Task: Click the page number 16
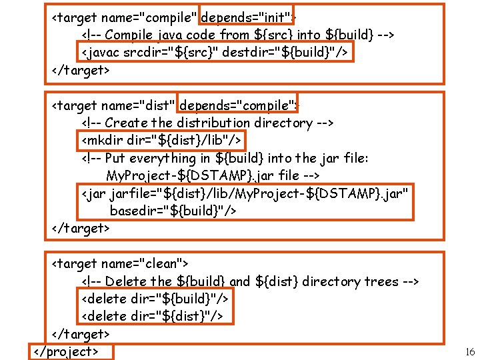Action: coord(470,351)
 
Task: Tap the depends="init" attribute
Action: coord(246,17)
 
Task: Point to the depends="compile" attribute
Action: coord(237,105)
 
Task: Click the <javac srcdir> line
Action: coord(217,52)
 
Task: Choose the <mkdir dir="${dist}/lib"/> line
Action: coord(160,140)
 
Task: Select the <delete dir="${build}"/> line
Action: coord(155,299)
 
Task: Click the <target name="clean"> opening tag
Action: coord(121,264)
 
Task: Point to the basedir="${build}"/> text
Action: coord(173,211)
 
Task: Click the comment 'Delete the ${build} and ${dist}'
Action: coord(250,281)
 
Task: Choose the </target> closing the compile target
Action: coord(81,69)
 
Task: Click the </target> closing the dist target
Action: coord(81,228)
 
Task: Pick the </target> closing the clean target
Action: coord(81,333)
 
